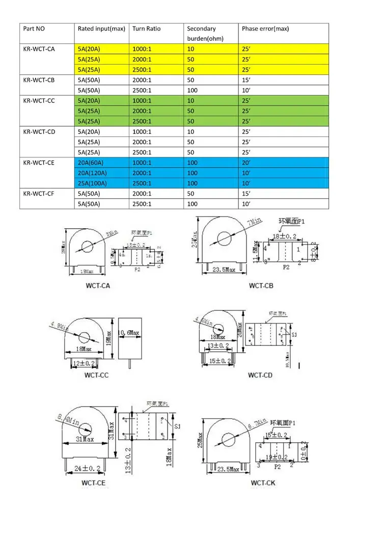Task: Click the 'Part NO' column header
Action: point(35,29)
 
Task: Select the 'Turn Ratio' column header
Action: point(146,29)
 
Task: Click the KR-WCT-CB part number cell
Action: point(39,80)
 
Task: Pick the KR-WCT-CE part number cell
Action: point(39,163)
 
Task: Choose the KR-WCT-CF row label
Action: point(39,194)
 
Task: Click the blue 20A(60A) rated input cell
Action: point(91,163)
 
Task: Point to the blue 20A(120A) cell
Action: point(92,173)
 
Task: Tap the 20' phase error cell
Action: point(247,163)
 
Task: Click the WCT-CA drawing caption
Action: point(98,285)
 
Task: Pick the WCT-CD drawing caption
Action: point(260,375)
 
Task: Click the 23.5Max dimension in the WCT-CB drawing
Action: point(224,269)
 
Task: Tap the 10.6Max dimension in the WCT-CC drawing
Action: point(129,333)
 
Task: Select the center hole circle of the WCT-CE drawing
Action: point(85,429)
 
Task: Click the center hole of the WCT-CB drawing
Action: point(224,238)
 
